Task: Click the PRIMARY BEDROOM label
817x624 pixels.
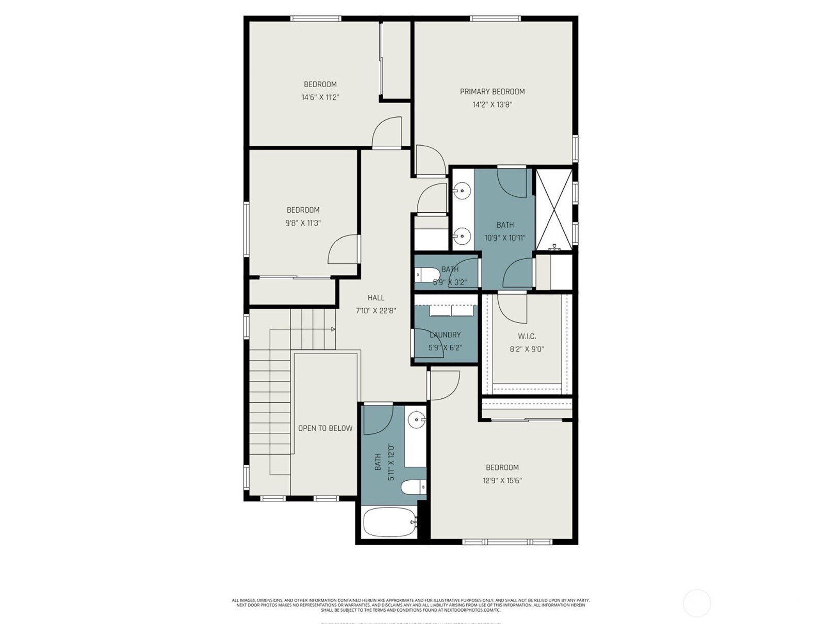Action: click(x=492, y=92)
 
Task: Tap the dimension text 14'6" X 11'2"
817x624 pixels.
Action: click(x=320, y=97)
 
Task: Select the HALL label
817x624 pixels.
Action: click(x=376, y=298)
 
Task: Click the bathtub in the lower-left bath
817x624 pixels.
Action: click(x=390, y=522)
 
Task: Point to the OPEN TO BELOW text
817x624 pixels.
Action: click(x=325, y=428)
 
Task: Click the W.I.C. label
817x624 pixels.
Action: click(x=527, y=336)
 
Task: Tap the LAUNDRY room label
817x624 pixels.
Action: click(x=445, y=335)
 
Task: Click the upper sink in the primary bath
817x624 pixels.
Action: click(x=462, y=191)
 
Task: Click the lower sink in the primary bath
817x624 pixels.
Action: click(x=462, y=237)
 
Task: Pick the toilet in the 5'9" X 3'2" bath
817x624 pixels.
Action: click(x=428, y=275)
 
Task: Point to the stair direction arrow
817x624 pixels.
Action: click(x=333, y=329)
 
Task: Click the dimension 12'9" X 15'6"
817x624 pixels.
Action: click(x=502, y=481)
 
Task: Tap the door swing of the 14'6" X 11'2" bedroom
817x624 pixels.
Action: click(x=387, y=133)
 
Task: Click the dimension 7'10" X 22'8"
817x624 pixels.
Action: click(x=375, y=311)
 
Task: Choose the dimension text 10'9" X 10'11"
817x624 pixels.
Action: click(x=504, y=238)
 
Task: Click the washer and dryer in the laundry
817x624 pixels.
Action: click(x=452, y=311)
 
